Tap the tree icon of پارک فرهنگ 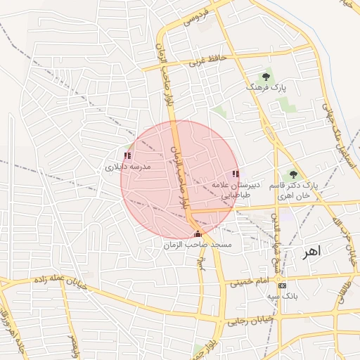pyautogui.click(x=266, y=76)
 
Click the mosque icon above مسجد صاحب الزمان pyautogui.click(x=198, y=234)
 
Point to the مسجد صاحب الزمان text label pyautogui.click(x=198, y=245)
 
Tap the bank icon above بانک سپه pyautogui.click(x=283, y=286)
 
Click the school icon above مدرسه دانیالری pyautogui.click(x=127, y=155)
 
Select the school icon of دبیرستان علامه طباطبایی pyautogui.click(x=236, y=174)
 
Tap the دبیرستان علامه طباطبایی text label pyautogui.click(x=236, y=191)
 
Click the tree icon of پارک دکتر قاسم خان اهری pyautogui.click(x=293, y=174)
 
